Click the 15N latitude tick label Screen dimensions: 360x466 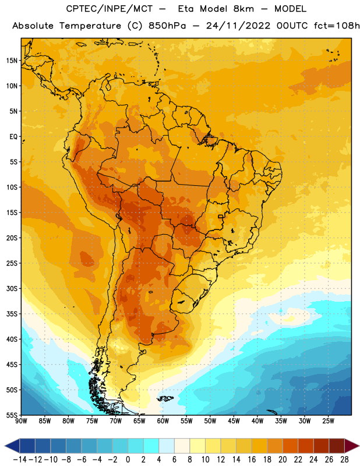coord(12,61)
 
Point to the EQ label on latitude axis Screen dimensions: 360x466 coord(13,137)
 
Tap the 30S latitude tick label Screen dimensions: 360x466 coord(12,288)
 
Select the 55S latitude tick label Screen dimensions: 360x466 coord(12,415)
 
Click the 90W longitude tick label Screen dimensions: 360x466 coord(21,421)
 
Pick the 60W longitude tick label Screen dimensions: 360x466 coord(163,421)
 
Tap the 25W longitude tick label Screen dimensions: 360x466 coord(329,421)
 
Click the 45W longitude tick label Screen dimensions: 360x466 coord(234,421)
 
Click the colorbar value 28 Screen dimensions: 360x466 coord(344,460)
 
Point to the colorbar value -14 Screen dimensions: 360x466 coord(20,460)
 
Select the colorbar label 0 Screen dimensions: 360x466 coord(128,460)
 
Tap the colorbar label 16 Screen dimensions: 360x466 coord(252,460)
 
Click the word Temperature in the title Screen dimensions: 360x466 coord(90,26)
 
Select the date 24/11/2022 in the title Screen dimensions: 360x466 coord(238,26)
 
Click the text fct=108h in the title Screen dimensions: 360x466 coord(337,26)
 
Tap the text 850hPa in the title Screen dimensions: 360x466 coord(167,26)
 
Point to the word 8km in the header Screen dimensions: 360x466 coord(243,9)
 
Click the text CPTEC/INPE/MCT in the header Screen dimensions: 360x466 coord(110,9)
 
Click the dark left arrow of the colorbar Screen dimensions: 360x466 coord(12,446)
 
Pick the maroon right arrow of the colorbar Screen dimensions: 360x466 coord(352,446)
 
